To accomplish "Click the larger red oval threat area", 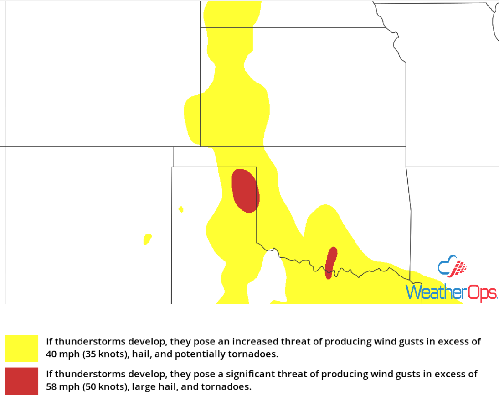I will (245, 191).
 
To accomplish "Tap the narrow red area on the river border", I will (331, 262).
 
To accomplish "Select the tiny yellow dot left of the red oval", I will (181, 209).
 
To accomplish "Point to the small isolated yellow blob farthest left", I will (147, 239).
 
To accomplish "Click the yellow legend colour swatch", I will (21, 348).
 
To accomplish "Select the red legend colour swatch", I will (21, 381).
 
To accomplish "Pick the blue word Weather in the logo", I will (433, 292).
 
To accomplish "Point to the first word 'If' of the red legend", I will (49, 374).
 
